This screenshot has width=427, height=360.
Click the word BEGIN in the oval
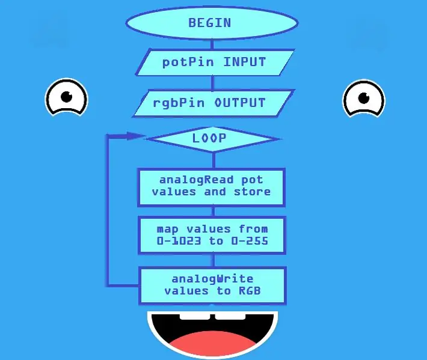point(210,23)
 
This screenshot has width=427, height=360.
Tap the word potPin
point(188,63)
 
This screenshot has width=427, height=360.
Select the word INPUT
point(245,62)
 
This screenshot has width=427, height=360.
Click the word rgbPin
point(179,103)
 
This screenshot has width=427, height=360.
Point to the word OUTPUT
point(240,103)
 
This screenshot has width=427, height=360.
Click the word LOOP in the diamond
point(209,138)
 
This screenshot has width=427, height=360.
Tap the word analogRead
point(196,180)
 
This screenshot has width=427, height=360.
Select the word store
point(252,192)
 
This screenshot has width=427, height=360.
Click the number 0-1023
point(179,241)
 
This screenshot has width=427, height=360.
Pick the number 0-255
point(250,241)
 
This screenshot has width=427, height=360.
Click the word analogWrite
point(212,279)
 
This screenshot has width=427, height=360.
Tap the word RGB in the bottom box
point(250,291)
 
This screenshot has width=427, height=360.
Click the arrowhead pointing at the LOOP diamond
point(135,136)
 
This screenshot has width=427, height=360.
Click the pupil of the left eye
point(66,97)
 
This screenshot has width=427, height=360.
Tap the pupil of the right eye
point(363,98)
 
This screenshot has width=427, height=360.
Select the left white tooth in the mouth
point(195,317)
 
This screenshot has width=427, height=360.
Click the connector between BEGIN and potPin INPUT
point(212,44)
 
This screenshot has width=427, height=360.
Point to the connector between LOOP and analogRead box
point(213,160)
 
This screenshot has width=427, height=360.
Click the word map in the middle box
point(167,230)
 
